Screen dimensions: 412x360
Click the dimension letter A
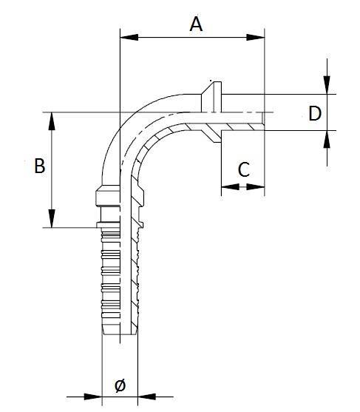point(195,24)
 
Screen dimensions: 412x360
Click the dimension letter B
point(40,166)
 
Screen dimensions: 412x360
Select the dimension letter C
point(242,169)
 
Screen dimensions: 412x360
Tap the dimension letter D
point(314,113)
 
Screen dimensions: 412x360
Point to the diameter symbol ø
point(120,385)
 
